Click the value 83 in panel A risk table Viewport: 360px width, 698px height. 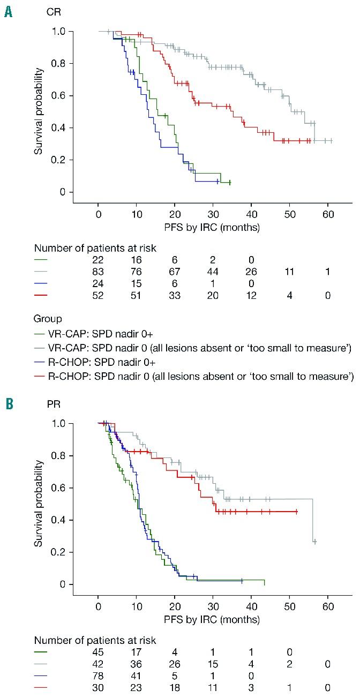99,272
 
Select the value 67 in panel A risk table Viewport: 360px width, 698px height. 175,272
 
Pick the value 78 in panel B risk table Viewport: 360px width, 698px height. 99,676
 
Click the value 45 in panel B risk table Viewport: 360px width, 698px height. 99,652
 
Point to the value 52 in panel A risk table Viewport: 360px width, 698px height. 99,296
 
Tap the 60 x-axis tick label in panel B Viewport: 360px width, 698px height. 328,606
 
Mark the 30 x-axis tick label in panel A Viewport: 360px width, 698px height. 213,214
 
